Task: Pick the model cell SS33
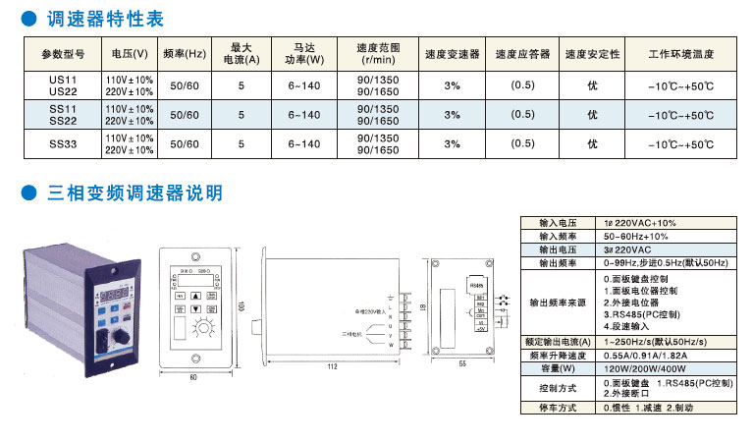pyautogui.click(x=64, y=143)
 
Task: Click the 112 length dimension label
pyautogui.click(x=331, y=366)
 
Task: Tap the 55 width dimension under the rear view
pyautogui.click(x=460, y=365)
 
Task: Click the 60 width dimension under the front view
pyautogui.click(x=192, y=376)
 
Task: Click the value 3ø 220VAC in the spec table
pyautogui.click(x=628, y=250)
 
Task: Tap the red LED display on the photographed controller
pyautogui.click(x=110, y=293)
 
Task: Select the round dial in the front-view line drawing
pyautogui.click(x=205, y=326)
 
